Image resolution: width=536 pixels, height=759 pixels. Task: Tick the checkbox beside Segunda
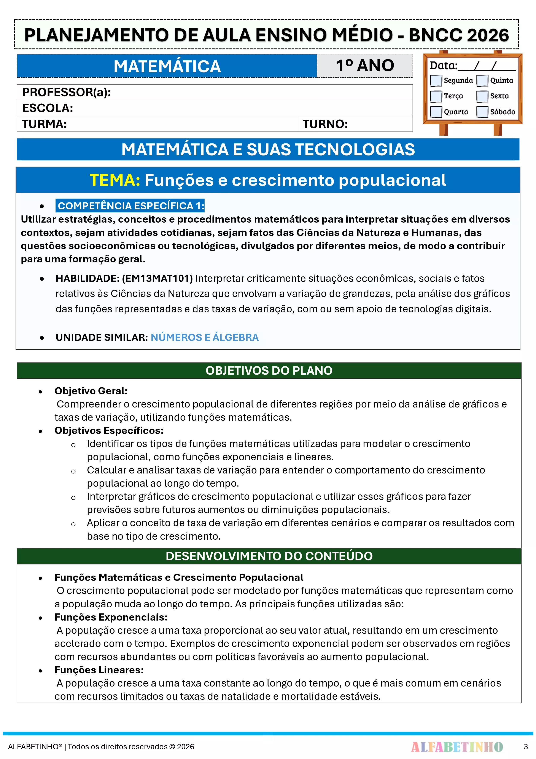[x=436, y=80]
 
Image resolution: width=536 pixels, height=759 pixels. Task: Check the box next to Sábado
[x=482, y=112]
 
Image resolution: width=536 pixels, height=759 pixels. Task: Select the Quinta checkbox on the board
[x=482, y=80]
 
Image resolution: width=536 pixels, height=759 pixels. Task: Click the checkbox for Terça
[x=436, y=96]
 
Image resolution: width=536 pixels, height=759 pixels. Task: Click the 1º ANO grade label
[x=365, y=66]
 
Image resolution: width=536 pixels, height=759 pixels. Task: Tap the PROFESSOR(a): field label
[x=66, y=92]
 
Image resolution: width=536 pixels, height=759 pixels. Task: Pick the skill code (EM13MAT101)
[x=157, y=278]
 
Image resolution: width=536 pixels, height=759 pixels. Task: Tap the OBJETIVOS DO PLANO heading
[x=269, y=371]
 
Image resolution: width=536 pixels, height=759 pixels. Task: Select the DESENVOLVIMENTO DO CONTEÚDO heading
[x=269, y=556]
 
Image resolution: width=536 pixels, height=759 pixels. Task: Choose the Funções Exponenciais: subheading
[x=111, y=617]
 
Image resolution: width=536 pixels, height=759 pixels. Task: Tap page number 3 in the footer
[x=525, y=747]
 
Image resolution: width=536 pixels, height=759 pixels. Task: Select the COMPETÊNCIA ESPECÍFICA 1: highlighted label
[x=130, y=206]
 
